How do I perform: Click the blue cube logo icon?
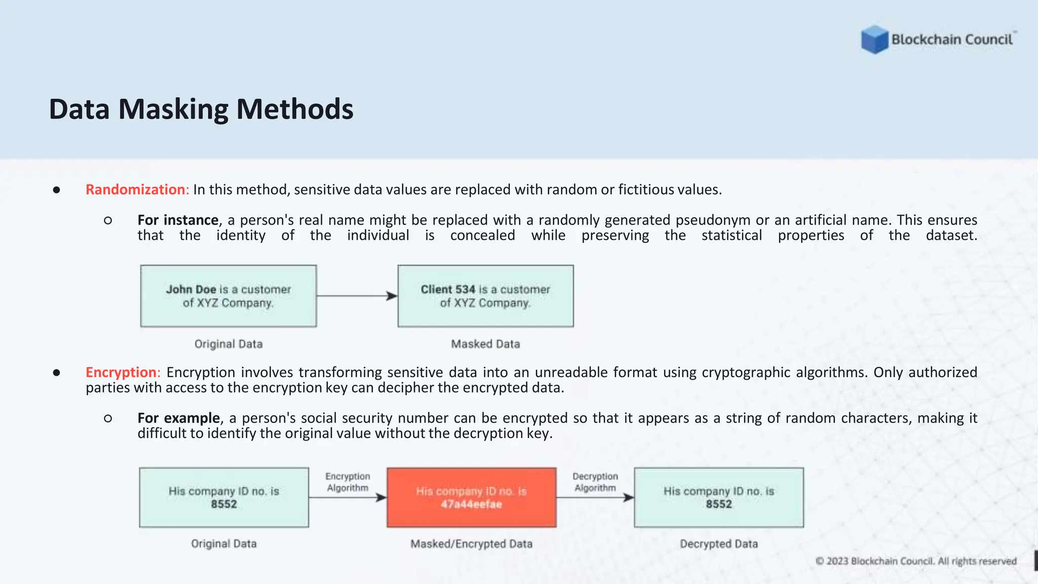(875, 40)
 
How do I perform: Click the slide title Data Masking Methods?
(201, 109)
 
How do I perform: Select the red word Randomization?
(135, 190)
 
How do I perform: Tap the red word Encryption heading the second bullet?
(121, 373)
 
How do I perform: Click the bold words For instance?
(178, 220)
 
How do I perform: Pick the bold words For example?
(178, 418)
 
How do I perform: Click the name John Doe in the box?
(191, 289)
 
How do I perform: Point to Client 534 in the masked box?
(448, 289)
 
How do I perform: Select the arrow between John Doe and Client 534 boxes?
(357, 296)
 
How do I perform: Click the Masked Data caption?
(486, 344)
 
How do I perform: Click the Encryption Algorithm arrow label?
(348, 482)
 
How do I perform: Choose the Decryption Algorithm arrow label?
(595, 482)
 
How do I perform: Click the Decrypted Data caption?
(719, 544)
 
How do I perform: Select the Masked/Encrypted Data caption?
(471, 544)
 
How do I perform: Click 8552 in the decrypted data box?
(719, 504)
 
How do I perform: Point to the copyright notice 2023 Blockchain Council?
(916, 561)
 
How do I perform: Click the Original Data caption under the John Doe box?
(229, 344)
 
